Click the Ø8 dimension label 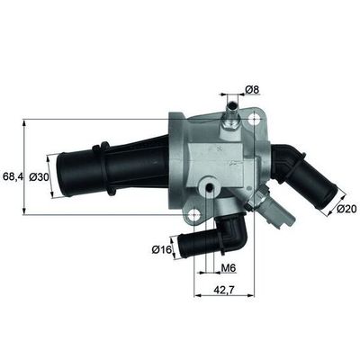click(x=254, y=89)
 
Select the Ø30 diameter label click(x=39, y=177)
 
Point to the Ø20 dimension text click(x=347, y=210)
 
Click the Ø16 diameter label click(x=162, y=248)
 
